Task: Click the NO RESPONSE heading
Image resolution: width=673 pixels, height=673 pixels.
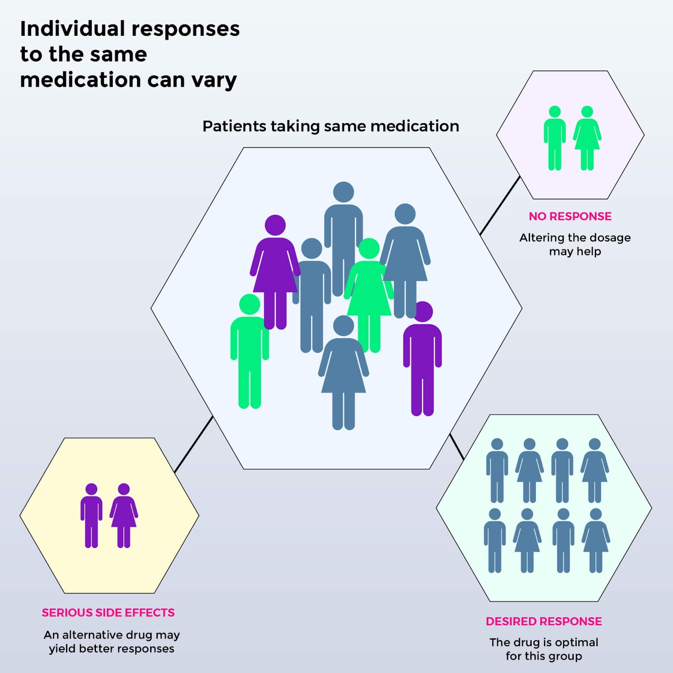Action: tap(570, 216)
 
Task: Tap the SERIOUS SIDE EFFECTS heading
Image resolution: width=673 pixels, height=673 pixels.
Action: tap(108, 612)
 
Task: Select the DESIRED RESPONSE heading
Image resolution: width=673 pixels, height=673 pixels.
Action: tap(543, 621)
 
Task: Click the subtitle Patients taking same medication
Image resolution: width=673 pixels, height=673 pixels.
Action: tap(331, 126)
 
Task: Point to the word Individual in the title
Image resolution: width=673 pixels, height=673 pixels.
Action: tap(72, 29)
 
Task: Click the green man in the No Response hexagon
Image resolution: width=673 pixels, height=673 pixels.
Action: tap(554, 138)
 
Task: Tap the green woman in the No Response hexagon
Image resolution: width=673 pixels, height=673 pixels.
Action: tap(587, 138)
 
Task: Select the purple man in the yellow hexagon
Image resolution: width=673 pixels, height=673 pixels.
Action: tap(91, 516)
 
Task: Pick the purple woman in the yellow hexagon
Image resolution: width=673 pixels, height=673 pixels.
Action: tap(124, 516)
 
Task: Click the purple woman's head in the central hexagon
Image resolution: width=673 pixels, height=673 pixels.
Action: tap(275, 225)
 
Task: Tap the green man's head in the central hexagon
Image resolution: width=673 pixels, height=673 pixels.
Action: tap(249, 304)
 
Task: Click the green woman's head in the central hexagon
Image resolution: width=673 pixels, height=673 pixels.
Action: tap(369, 248)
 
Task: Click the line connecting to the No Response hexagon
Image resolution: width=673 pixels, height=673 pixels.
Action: tap(500, 206)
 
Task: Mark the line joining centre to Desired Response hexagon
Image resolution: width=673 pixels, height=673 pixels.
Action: tap(457, 446)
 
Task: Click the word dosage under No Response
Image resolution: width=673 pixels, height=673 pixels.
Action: tap(611, 238)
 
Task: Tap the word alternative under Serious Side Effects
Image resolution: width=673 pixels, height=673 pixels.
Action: tap(92, 634)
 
